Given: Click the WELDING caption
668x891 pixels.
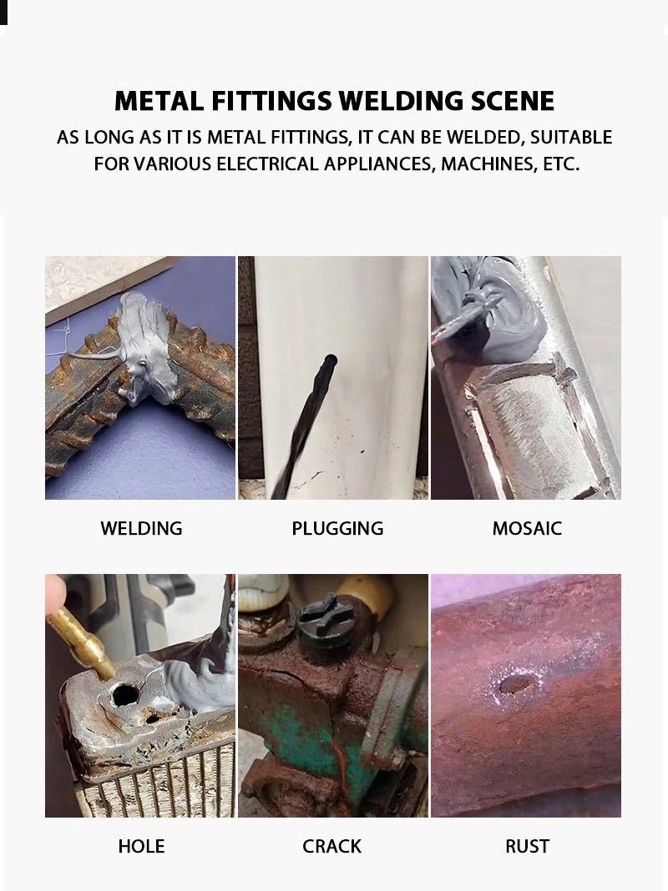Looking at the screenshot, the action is (141, 528).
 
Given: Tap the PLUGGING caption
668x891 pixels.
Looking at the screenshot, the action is (337, 528).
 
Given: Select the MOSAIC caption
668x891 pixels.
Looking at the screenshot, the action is (526, 528).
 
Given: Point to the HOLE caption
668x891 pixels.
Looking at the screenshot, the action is (141, 846).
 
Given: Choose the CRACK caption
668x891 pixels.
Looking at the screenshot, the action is (331, 846).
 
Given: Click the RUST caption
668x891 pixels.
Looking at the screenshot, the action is (527, 846).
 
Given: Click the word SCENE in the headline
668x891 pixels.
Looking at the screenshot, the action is (512, 101).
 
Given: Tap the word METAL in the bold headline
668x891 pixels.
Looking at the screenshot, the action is (159, 101).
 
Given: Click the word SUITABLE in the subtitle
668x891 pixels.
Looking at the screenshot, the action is (571, 138).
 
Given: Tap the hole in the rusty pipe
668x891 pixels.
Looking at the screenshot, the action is (517, 685).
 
